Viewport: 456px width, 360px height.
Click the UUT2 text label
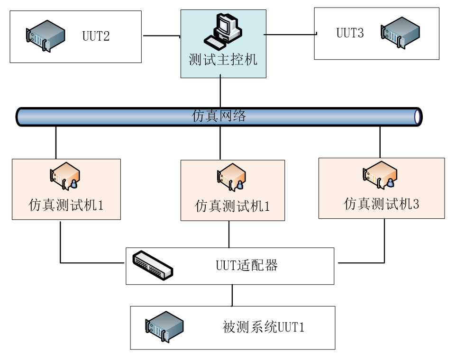tap(96, 36)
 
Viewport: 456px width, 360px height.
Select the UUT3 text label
tap(350, 33)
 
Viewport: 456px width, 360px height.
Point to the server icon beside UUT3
tap(401, 32)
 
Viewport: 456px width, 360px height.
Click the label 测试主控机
tap(223, 60)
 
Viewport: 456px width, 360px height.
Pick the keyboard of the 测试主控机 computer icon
tap(215, 42)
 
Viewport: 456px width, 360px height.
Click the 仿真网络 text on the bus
tap(219, 116)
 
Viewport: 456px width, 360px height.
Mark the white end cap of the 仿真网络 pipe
tap(417, 117)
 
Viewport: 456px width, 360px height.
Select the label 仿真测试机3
tap(382, 204)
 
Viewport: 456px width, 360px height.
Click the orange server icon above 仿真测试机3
tap(380, 175)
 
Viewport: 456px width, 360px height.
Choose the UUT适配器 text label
tap(246, 265)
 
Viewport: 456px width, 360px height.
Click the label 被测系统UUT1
tap(263, 327)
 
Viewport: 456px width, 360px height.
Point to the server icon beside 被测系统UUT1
tap(164, 326)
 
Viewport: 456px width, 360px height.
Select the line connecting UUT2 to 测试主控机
tap(161, 36)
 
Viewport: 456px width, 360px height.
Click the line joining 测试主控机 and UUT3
tap(290, 34)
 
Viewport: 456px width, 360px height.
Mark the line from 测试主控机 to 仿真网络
tap(221, 93)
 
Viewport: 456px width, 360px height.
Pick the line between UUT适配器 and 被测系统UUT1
tap(232, 295)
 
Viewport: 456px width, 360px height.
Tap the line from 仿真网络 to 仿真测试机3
tap(380, 142)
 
